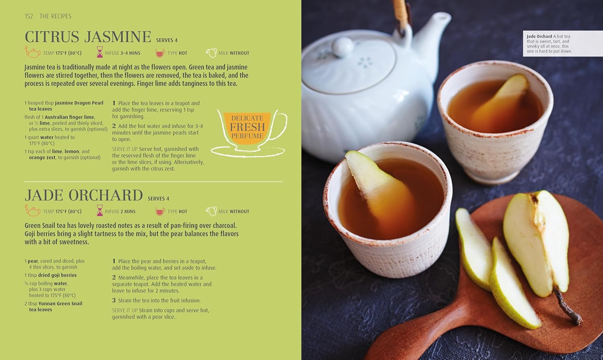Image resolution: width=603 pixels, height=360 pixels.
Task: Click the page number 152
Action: point(29,16)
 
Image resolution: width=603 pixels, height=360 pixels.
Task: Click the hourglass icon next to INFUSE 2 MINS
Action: point(100,211)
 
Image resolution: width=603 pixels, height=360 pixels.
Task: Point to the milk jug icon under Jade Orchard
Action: point(211,211)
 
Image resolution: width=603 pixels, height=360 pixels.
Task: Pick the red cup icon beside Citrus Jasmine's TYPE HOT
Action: point(160,53)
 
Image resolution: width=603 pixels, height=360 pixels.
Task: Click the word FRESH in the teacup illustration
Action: point(247,127)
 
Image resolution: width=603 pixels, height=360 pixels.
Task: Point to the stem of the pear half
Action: point(567,305)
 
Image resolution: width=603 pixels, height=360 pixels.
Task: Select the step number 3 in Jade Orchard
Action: point(114,300)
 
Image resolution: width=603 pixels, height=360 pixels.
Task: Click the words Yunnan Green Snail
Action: point(60,303)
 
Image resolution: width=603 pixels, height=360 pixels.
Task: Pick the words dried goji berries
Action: point(57,275)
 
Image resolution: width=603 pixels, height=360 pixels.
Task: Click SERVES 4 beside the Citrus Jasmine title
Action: point(167,40)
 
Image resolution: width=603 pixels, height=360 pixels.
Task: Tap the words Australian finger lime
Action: point(70,117)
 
